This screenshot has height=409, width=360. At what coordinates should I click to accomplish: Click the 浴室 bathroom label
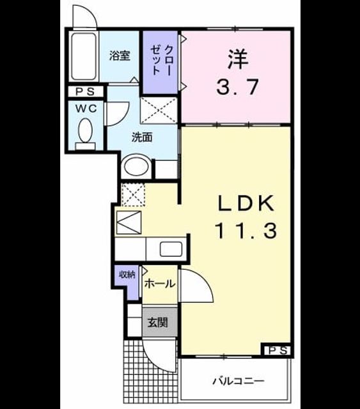click(120, 56)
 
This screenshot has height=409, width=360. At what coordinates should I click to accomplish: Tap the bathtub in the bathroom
click(84, 56)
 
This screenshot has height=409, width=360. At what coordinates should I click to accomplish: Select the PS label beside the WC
click(85, 91)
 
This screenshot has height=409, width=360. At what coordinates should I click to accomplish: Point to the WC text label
click(86, 108)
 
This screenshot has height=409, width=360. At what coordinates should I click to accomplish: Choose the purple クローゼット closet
click(160, 63)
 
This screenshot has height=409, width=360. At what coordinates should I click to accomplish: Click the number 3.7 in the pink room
click(237, 88)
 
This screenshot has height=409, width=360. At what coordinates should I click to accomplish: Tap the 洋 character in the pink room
click(238, 59)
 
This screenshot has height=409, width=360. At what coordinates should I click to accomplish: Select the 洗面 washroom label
click(142, 137)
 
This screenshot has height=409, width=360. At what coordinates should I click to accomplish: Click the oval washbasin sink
click(137, 166)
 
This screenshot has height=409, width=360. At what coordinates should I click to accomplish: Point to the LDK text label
click(246, 203)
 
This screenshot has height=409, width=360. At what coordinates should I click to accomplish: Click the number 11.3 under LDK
click(246, 231)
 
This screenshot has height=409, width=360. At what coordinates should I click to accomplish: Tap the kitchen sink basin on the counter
click(171, 249)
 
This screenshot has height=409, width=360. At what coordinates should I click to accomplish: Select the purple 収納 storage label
click(127, 274)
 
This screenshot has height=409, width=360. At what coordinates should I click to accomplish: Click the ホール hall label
click(160, 283)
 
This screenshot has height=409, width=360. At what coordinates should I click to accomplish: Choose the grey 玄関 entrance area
click(160, 322)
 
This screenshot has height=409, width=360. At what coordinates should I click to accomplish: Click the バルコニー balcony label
click(238, 382)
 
